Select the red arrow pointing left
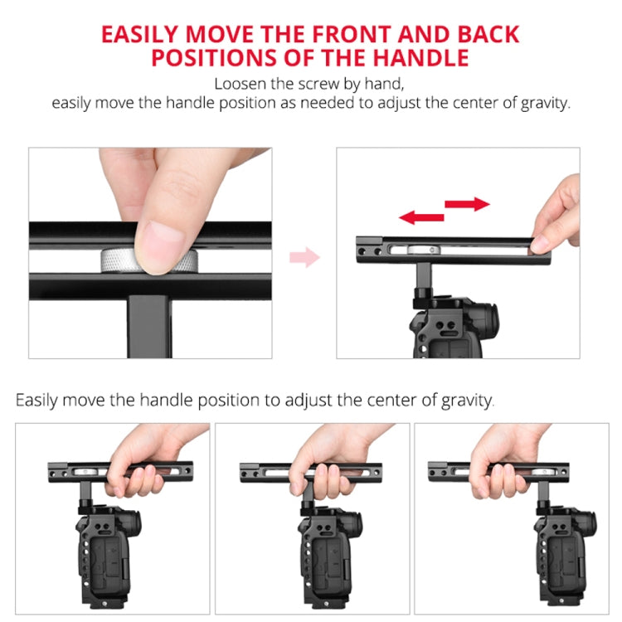421,217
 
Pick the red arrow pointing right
467,204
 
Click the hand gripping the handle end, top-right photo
556,217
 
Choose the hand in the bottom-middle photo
328,464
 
